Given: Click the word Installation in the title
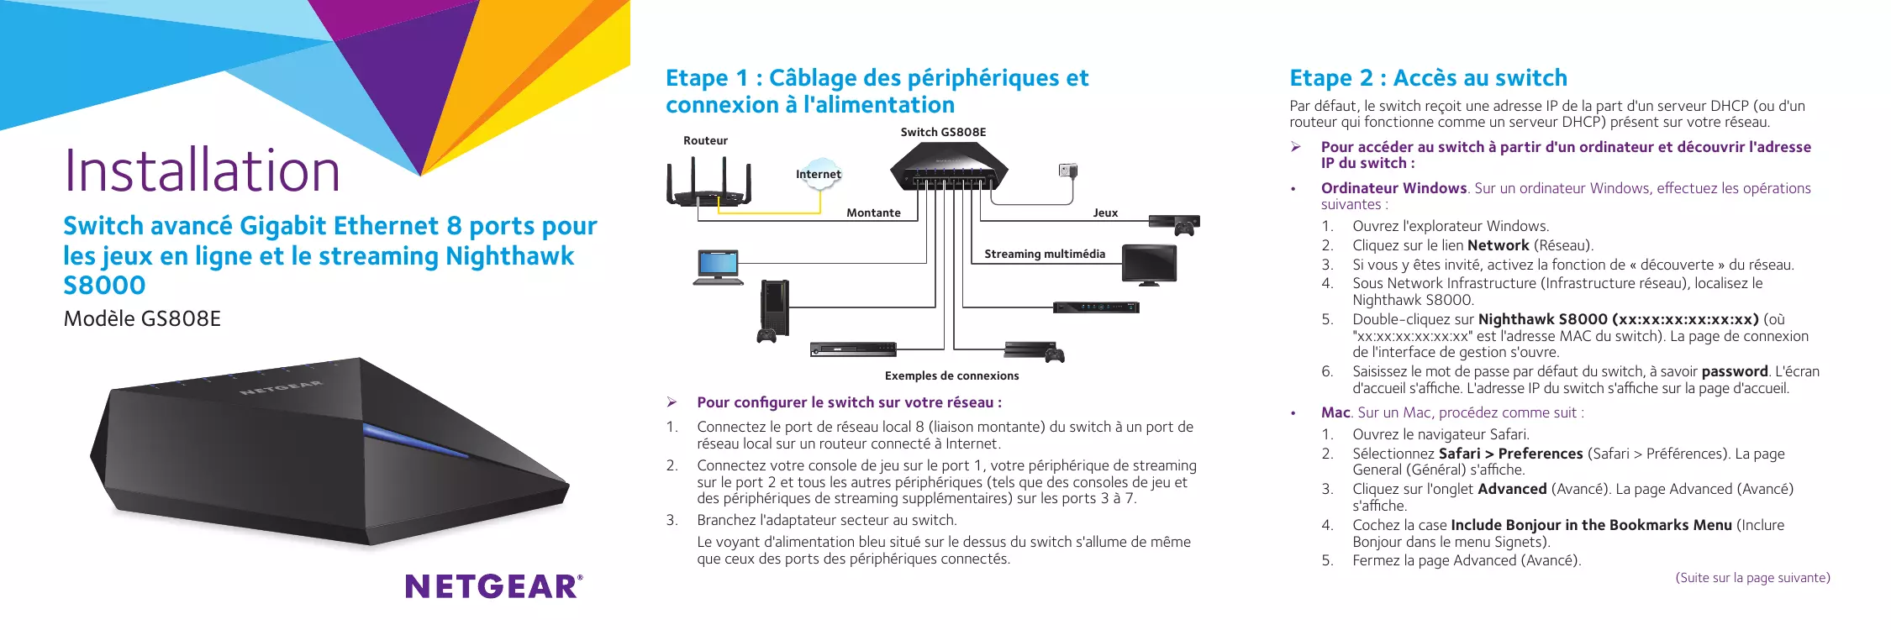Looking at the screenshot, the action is click(x=203, y=171).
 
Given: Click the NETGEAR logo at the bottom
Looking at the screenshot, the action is click(x=494, y=586).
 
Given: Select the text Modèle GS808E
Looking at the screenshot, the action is click(x=142, y=319).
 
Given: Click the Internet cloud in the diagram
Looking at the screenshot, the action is click(x=819, y=174).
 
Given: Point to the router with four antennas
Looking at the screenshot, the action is click(x=708, y=185).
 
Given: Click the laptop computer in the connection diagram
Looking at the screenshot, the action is click(x=718, y=268).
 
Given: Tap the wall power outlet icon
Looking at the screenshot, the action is click(x=1068, y=171).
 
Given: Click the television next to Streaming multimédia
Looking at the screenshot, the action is click(x=1150, y=265).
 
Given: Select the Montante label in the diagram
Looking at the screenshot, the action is click(x=873, y=213).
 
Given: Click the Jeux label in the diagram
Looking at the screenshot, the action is click(x=1105, y=213).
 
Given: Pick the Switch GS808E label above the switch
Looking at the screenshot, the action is click(x=943, y=132).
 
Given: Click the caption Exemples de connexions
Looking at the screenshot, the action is click(x=951, y=375).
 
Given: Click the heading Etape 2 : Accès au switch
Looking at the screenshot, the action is click(x=1429, y=78).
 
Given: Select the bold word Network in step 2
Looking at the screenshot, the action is click(x=1498, y=245).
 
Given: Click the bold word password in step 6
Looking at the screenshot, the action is click(x=1735, y=371).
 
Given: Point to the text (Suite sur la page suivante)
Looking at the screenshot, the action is click(x=1752, y=578).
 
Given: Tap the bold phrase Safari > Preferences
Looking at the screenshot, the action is click(x=1510, y=454).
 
